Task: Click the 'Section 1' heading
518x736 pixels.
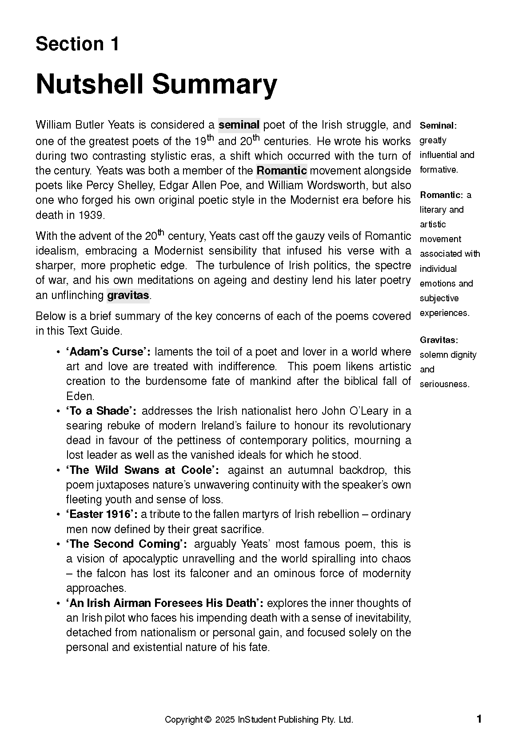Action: [x=77, y=44]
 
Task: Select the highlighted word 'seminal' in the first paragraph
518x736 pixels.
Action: [x=239, y=125]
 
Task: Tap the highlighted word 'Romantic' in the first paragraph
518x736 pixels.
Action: [x=282, y=170]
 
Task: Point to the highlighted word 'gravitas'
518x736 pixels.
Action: [x=128, y=295]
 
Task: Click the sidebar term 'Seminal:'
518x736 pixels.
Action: [x=438, y=125]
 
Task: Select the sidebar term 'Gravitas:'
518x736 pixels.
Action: [x=439, y=340]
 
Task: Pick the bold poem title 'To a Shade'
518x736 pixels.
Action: [x=101, y=411]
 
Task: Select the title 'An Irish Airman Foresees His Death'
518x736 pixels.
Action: [x=164, y=603]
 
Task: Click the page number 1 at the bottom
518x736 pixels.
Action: [x=479, y=719]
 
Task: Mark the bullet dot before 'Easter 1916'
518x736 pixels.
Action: [x=58, y=515]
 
